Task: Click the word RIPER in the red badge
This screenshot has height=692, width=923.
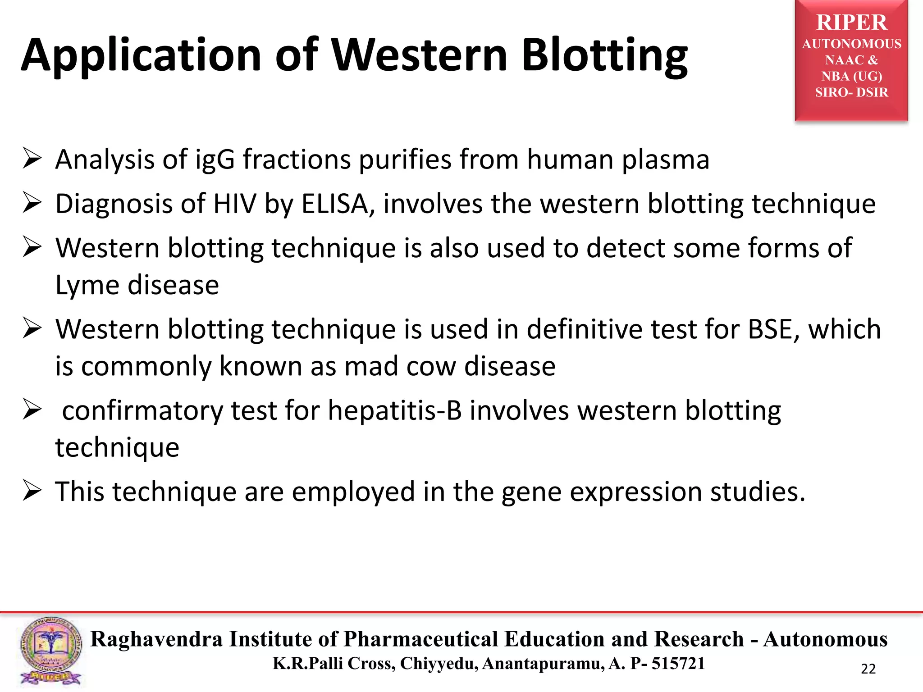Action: pyautogui.click(x=851, y=23)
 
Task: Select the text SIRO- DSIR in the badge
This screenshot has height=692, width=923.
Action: pyautogui.click(x=851, y=92)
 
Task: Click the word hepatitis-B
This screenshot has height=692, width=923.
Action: pyautogui.click(x=395, y=411)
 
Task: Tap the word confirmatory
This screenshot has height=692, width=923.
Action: pyautogui.click(x=142, y=411)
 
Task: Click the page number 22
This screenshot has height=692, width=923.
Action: pyautogui.click(x=868, y=669)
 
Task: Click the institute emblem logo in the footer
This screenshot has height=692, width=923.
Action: pyautogui.click(x=51, y=651)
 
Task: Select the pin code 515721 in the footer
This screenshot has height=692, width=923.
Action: pyautogui.click(x=678, y=664)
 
